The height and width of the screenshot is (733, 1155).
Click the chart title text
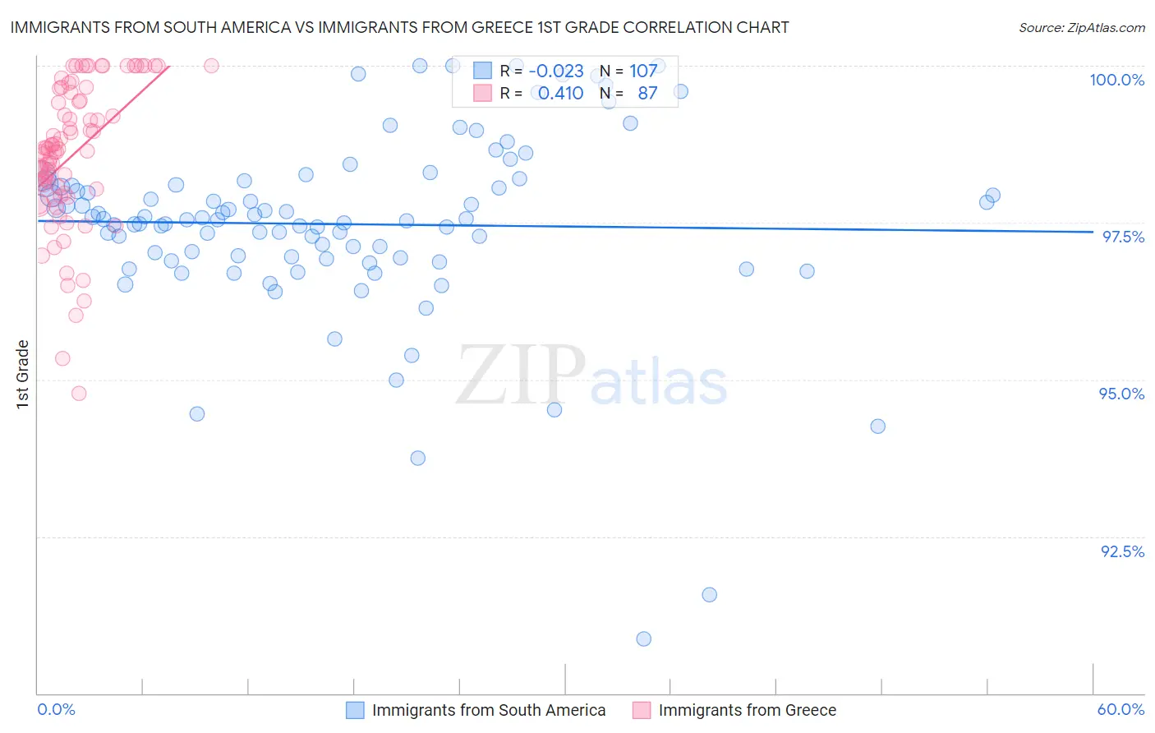(x=400, y=27)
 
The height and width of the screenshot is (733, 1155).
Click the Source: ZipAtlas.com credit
(x=1081, y=28)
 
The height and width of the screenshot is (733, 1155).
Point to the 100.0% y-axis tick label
(x=1116, y=80)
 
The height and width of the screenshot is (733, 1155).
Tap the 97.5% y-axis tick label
(x=1123, y=237)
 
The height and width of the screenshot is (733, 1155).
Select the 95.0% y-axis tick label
(x=1121, y=394)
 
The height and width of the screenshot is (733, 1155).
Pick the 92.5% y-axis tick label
(x=1122, y=551)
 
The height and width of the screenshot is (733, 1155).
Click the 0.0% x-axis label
(x=56, y=709)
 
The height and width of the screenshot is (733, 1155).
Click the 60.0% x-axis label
(x=1120, y=709)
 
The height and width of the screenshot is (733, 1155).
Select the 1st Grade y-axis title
(x=23, y=374)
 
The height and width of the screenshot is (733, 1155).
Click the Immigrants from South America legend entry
(x=488, y=710)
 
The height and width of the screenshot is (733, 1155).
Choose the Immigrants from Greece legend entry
(x=747, y=710)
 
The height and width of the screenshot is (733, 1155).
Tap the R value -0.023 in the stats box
(x=556, y=71)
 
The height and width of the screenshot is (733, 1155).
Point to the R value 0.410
(x=560, y=94)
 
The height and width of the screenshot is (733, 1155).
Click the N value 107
(x=643, y=71)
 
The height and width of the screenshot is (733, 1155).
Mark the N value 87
(x=647, y=94)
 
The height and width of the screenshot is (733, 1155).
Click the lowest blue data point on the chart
(x=644, y=638)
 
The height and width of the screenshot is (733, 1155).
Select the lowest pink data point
(x=79, y=393)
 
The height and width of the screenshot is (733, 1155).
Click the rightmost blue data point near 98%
(x=992, y=196)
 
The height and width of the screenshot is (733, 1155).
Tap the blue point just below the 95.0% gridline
(x=878, y=426)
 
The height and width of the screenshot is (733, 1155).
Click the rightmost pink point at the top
(x=211, y=66)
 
